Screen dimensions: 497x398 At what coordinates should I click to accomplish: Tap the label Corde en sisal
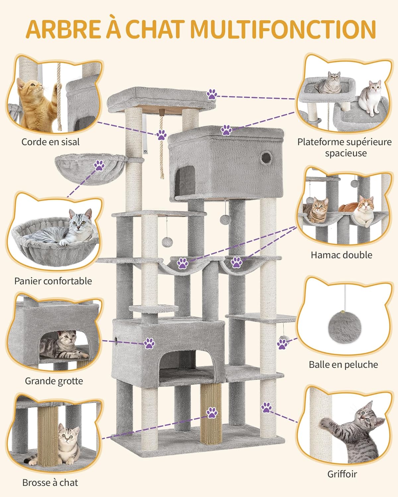click(50, 142)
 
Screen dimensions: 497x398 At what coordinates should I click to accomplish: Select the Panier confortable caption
click(53, 281)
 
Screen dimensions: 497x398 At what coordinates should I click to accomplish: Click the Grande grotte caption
click(54, 381)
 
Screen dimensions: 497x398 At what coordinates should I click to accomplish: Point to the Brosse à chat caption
click(50, 482)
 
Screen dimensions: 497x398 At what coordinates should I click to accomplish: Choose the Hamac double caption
click(341, 255)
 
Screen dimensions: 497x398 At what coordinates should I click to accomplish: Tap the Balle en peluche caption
click(343, 364)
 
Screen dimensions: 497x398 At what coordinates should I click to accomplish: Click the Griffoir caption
click(342, 474)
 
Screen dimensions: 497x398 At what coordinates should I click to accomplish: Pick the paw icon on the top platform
click(212, 94)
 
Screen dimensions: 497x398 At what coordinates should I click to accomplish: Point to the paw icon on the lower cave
click(149, 343)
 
